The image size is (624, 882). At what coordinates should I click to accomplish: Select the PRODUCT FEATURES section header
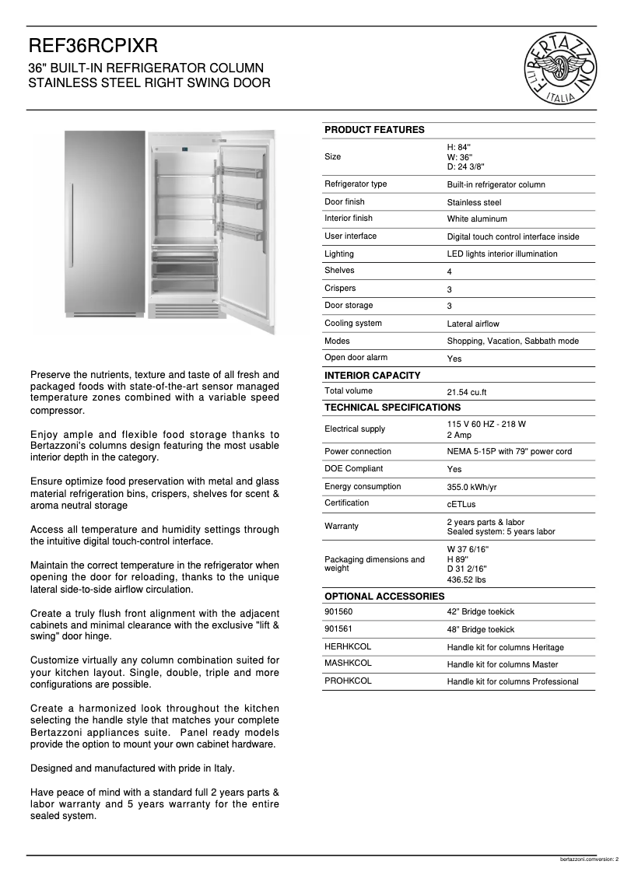tap(374, 130)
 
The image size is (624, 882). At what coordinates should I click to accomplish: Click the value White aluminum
tap(476, 219)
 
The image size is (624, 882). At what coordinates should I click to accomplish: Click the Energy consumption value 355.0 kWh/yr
tap(472, 487)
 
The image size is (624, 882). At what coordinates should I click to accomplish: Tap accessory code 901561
tap(338, 629)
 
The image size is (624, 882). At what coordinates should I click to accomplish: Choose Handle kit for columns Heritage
tap(505, 647)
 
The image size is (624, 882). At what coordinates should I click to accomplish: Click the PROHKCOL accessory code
tap(348, 681)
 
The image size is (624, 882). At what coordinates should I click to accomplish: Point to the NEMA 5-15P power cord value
tap(509, 452)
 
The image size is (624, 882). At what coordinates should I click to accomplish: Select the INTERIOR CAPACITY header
tap(372, 376)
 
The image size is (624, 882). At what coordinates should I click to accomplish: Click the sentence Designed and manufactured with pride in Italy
tap(132, 768)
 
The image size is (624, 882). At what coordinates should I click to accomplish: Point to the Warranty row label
tap(342, 527)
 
